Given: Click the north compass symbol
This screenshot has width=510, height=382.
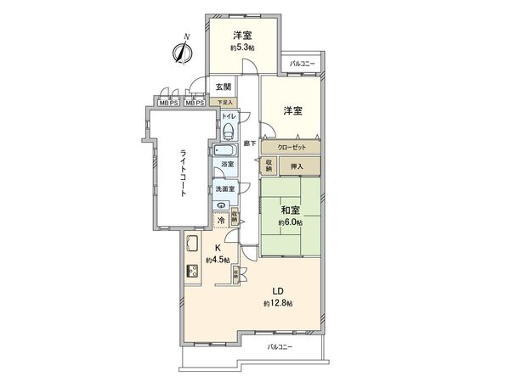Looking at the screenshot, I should [181, 52].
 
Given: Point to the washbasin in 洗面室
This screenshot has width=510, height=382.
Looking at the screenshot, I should [222, 204].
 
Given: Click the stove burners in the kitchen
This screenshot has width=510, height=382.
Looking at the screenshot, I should [192, 273].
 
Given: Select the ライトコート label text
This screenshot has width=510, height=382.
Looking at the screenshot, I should [182, 173].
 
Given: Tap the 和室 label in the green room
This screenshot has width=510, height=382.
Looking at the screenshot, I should [290, 211].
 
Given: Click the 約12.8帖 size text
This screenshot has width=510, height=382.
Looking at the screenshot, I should [278, 303].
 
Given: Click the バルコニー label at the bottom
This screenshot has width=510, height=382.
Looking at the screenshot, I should [280, 348].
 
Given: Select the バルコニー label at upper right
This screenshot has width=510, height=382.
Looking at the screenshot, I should [301, 65].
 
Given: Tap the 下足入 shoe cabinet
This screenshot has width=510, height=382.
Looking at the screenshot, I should [224, 103].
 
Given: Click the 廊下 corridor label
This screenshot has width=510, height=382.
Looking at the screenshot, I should [249, 143].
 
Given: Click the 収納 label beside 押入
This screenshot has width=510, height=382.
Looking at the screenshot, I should [270, 165].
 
